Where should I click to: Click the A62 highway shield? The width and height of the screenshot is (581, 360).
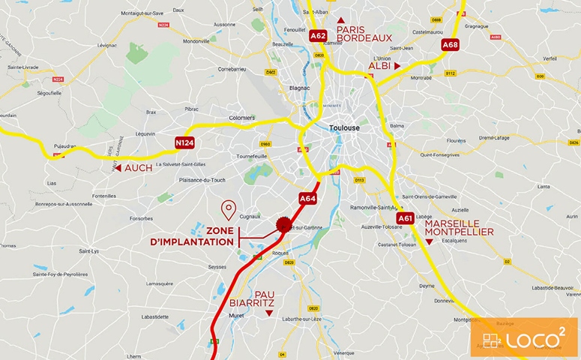pyautogui.click(x=318, y=35)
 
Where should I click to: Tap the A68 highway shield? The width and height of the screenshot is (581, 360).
pyautogui.click(x=450, y=45)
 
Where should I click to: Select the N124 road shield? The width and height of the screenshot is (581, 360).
pyautogui.click(x=184, y=142)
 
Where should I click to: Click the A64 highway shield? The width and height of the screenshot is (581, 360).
pyautogui.click(x=307, y=199)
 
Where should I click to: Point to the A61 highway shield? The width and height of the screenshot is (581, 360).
pyautogui.click(x=406, y=218)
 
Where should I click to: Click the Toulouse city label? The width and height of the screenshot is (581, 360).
pyautogui.click(x=344, y=128)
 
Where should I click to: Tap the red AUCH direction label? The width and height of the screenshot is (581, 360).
pyautogui.click(x=138, y=168)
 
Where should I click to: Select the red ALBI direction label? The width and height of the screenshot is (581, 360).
pyautogui.click(x=379, y=66)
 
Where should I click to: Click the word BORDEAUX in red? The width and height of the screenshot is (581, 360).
pyautogui.click(x=365, y=37)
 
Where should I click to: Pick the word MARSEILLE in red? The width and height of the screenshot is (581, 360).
pyautogui.click(x=452, y=223)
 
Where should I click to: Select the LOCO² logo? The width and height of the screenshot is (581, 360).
pyautogui.click(x=524, y=337)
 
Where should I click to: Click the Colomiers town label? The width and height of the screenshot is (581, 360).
pyautogui.click(x=241, y=118)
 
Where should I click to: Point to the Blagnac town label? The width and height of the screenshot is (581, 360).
pyautogui.click(x=298, y=88)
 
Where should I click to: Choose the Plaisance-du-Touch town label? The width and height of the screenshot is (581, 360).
pyautogui.click(x=202, y=180)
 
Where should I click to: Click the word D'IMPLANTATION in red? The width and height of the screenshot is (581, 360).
pyautogui.click(x=193, y=242)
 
